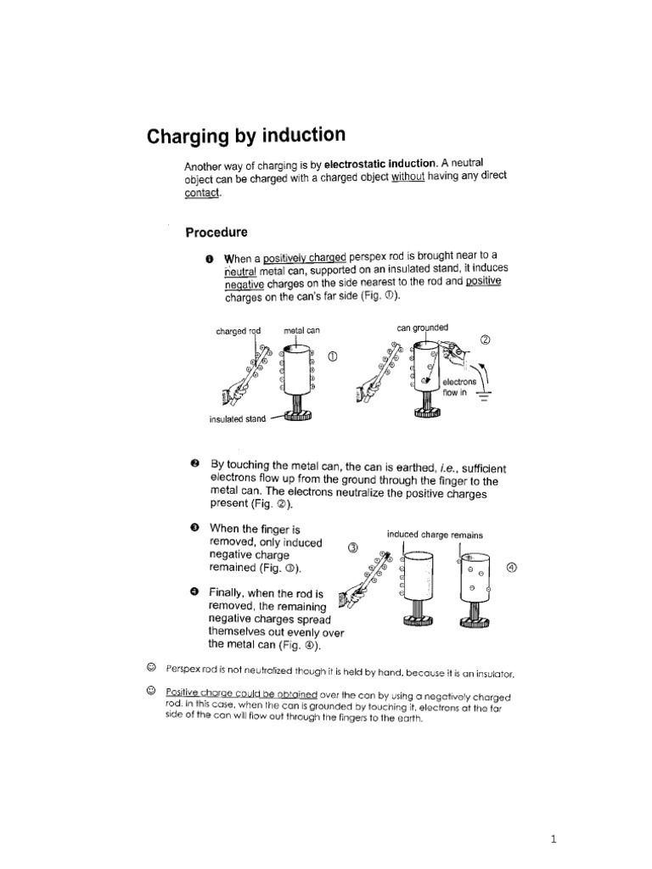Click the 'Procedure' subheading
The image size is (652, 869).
pyautogui.click(x=216, y=232)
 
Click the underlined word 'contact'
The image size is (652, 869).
pyautogui.click(x=201, y=193)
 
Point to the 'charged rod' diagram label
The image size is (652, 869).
pyautogui.click(x=239, y=331)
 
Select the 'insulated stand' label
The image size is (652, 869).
pyautogui.click(x=237, y=419)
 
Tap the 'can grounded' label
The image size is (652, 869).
pyautogui.click(x=422, y=327)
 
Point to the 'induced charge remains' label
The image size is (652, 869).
pyautogui.click(x=435, y=535)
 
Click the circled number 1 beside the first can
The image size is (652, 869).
pyautogui.click(x=332, y=356)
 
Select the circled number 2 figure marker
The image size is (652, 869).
pyautogui.click(x=486, y=340)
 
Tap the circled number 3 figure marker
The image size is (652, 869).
pyautogui.click(x=355, y=547)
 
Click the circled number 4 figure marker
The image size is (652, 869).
pyautogui.click(x=510, y=568)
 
